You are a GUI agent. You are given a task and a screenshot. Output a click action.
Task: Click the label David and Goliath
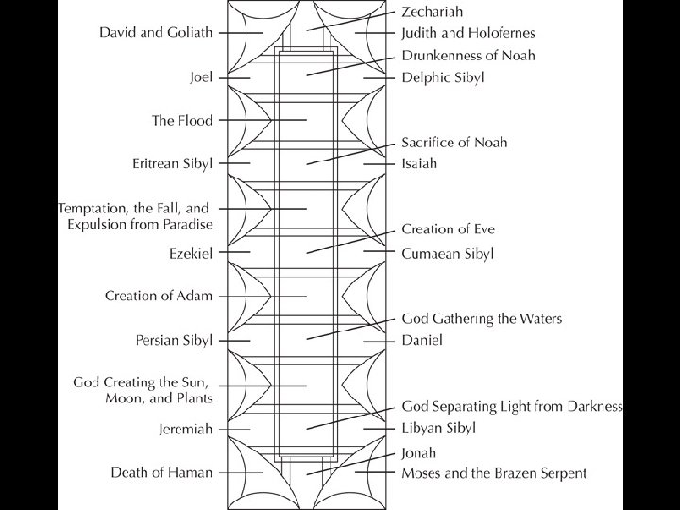click(x=156, y=32)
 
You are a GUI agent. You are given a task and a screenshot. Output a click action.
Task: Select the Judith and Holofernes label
click(x=468, y=34)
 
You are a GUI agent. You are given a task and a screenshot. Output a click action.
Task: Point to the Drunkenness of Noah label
click(x=468, y=56)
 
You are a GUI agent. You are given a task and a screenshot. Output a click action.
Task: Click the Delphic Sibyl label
click(x=442, y=76)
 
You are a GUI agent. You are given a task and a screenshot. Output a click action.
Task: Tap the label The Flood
click(x=182, y=121)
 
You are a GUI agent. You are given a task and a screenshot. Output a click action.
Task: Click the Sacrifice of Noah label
click(x=454, y=143)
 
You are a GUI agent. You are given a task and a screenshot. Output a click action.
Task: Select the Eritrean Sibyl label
click(x=173, y=163)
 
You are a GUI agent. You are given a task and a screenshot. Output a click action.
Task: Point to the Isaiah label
click(x=418, y=163)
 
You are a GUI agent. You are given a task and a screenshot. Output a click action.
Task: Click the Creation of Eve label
click(x=448, y=229)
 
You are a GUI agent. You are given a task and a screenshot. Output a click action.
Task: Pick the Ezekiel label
click(x=190, y=253)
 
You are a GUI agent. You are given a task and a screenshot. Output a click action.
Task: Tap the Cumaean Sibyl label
click(x=448, y=253)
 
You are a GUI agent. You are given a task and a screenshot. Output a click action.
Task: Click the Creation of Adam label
click(x=159, y=296)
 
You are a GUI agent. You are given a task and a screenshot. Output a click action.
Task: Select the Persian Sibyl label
click(x=175, y=339)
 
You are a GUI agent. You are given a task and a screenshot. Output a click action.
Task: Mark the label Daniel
click(x=421, y=339)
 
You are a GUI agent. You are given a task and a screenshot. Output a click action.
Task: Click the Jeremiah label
click(x=186, y=429)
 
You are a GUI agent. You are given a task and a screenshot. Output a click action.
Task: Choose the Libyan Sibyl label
click(x=438, y=428)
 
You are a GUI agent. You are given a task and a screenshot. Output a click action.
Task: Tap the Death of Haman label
click(x=161, y=472)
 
